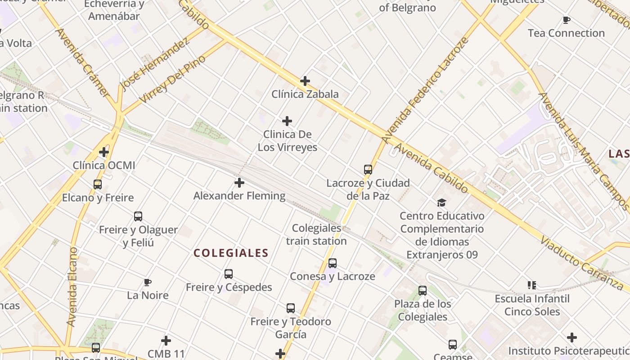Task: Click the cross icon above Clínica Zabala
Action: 305,81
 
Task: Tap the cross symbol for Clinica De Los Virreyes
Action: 287,121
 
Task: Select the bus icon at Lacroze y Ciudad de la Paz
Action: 368,170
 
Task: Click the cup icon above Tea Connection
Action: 567,20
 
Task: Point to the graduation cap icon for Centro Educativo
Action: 441,202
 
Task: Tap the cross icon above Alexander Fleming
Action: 239,183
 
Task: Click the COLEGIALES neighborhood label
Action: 231,253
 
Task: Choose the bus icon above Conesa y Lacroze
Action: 333,263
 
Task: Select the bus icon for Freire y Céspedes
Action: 229,274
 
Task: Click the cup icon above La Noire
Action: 147,282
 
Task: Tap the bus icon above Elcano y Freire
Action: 98,184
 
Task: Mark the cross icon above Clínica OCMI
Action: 104,152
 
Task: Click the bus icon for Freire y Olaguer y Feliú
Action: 138,216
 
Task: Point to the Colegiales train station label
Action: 316,234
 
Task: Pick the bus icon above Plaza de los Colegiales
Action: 423,291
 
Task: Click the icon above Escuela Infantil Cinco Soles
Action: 532,285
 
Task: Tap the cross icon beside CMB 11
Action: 166,341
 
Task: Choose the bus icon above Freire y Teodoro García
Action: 291,308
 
